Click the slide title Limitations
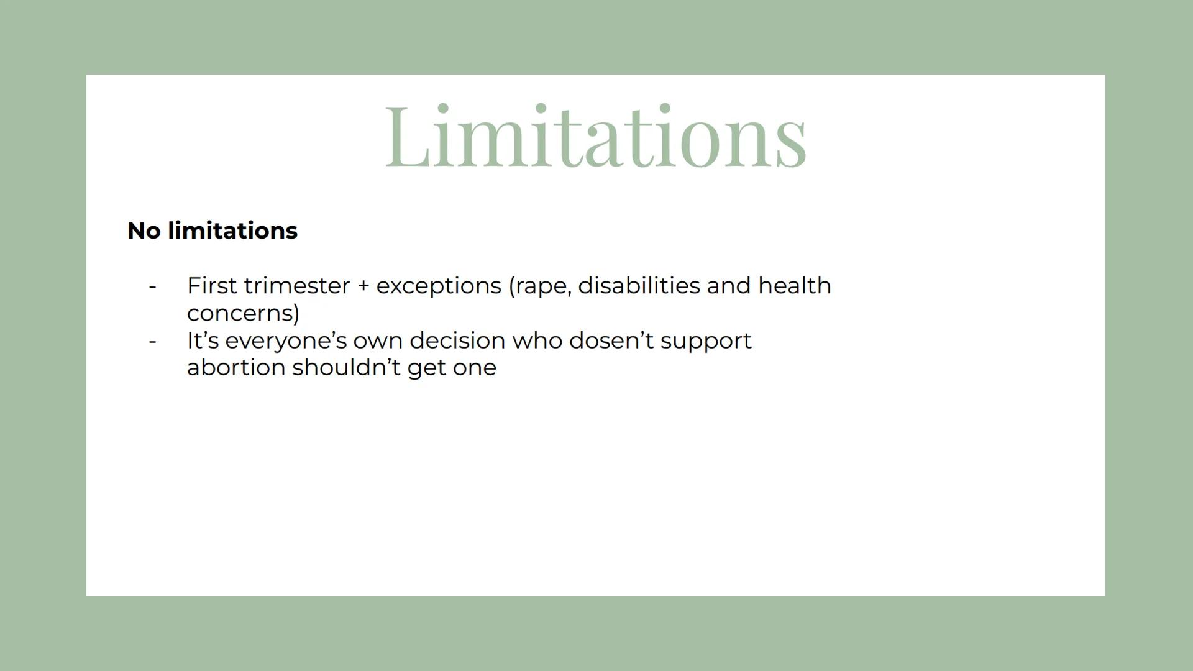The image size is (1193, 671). click(x=596, y=136)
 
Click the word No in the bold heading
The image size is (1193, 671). click(x=144, y=231)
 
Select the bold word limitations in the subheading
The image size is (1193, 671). click(x=232, y=231)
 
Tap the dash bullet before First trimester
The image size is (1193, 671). click(x=153, y=287)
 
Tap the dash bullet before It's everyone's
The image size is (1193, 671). click(x=153, y=342)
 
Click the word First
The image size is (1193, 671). click(x=212, y=286)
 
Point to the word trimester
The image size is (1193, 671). click(x=297, y=286)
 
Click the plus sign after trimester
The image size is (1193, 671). click(x=363, y=286)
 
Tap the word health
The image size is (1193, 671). click(x=795, y=286)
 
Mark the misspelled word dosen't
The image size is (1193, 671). click(x=611, y=340)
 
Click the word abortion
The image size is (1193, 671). click(x=236, y=367)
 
